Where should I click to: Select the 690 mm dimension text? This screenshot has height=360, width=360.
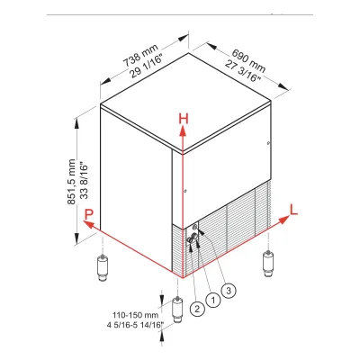pyautogui.click(x=248, y=60)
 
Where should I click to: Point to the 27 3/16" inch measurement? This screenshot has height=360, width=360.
pyautogui.click(x=243, y=71)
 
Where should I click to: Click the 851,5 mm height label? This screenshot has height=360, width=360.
pyautogui.click(x=72, y=182)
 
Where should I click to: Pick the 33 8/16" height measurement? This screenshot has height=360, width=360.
pyautogui.click(x=85, y=181)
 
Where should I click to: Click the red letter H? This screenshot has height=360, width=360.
pyautogui.click(x=184, y=119)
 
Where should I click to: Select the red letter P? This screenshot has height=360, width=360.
pyautogui.click(x=89, y=214)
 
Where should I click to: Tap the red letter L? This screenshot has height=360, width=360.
pyautogui.click(x=293, y=210)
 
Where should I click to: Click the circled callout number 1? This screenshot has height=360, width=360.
pyautogui.click(x=213, y=300)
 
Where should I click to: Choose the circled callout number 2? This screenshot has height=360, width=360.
pyautogui.click(x=197, y=309)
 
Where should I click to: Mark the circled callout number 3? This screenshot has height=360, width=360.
pyautogui.click(x=229, y=290)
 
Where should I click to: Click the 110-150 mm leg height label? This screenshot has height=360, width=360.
pyautogui.click(x=135, y=315)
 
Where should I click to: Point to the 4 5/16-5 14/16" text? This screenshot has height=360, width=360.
pyautogui.click(x=135, y=325)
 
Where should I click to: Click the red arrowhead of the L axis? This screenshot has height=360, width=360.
pyautogui.click(x=284, y=220)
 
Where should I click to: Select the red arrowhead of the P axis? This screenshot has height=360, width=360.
pyautogui.click(x=88, y=224)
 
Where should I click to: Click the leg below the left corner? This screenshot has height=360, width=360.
pyautogui.click(x=103, y=267)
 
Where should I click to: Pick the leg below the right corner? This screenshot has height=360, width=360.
pyautogui.click(x=267, y=264)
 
